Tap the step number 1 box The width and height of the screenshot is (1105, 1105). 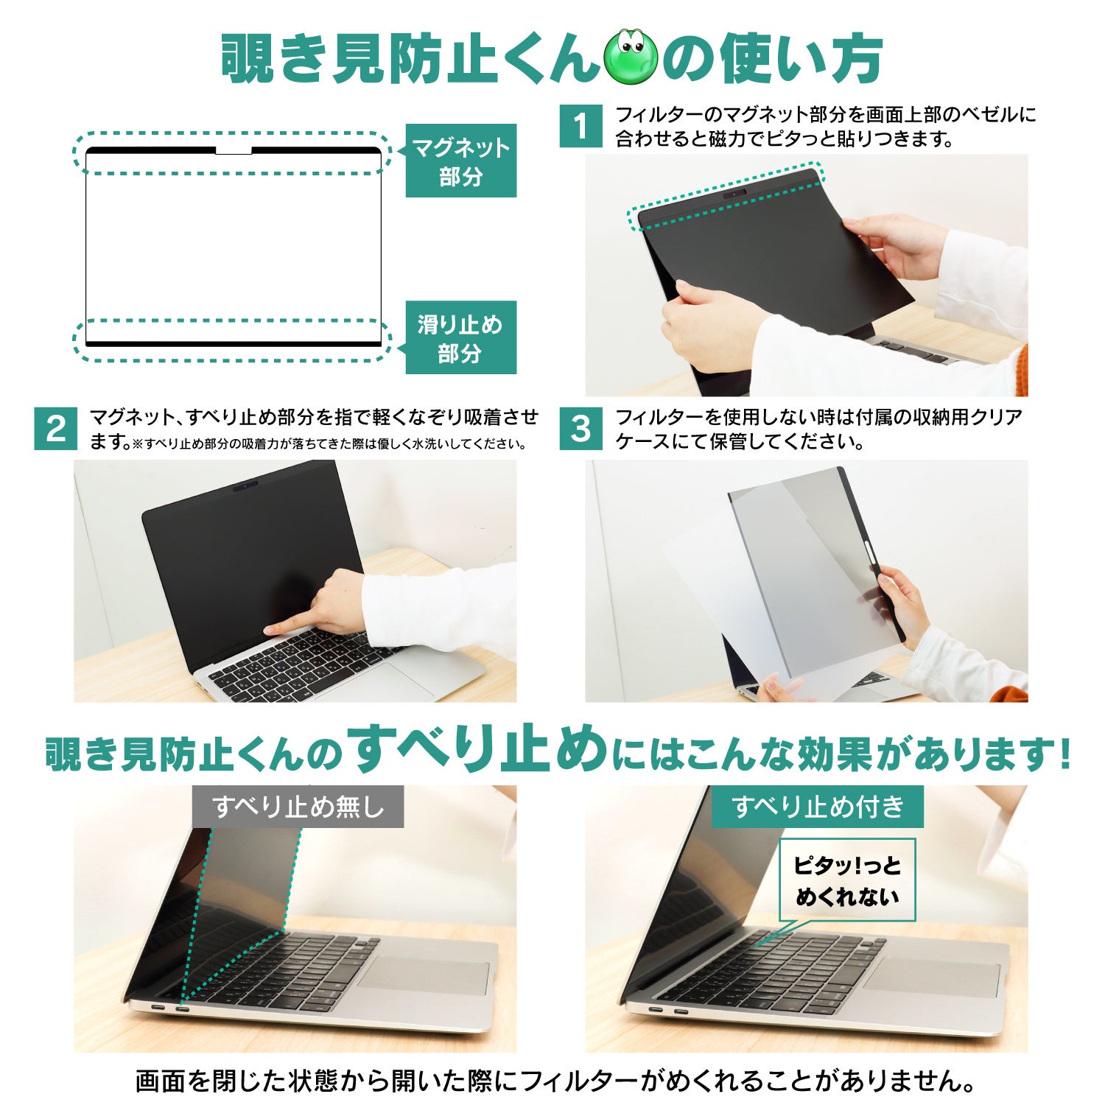coord(581,126)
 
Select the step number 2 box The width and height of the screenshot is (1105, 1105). coord(56,429)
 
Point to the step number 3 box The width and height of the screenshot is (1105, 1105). coord(581,429)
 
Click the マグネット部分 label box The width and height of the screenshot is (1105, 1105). coord(461,161)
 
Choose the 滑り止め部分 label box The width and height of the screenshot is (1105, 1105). coord(461,337)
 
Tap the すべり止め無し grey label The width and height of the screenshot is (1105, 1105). coord(298,807)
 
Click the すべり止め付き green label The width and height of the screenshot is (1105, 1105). coord(818,807)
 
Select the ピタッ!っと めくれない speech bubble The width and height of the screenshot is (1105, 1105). coord(847,881)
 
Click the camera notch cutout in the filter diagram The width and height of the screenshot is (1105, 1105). coord(234,151)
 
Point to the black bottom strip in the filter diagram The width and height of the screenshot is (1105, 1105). coord(234,344)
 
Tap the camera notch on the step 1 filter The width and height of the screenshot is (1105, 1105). coord(734,196)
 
